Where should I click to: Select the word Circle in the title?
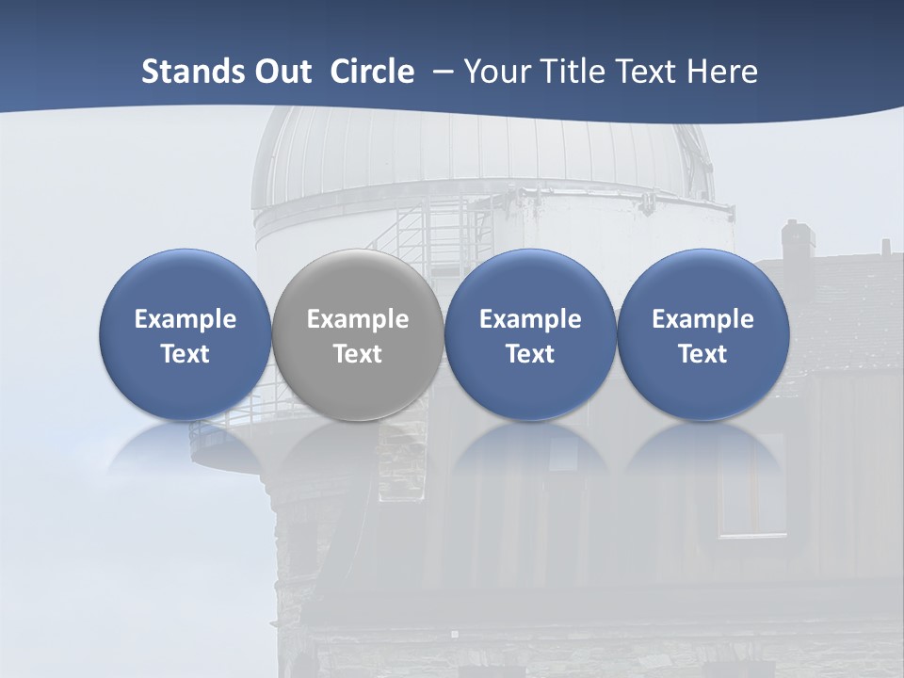(x=372, y=72)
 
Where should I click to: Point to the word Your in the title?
(x=495, y=72)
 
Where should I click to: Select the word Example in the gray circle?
(x=358, y=319)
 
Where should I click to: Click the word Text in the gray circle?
(x=358, y=354)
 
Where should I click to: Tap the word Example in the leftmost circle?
(x=186, y=319)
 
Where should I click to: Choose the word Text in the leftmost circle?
(x=186, y=354)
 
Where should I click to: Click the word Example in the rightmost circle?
(x=702, y=319)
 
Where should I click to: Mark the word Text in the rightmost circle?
(x=702, y=354)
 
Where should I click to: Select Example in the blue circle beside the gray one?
(x=530, y=319)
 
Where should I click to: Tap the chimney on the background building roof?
(x=797, y=240)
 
